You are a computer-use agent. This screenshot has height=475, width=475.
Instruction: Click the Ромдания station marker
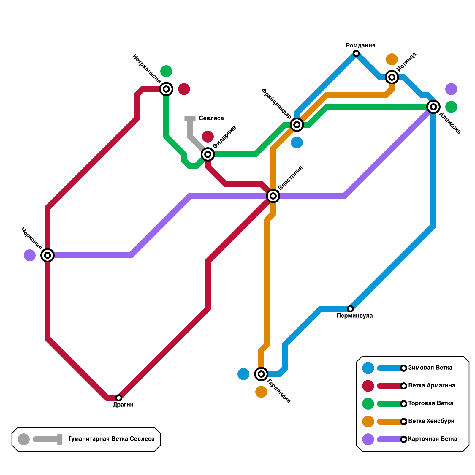(x=356, y=53)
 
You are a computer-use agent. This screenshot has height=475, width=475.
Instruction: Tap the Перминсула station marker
(x=350, y=309)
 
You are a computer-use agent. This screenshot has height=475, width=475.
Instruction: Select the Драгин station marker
(x=119, y=398)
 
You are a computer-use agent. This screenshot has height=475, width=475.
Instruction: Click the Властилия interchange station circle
(x=273, y=196)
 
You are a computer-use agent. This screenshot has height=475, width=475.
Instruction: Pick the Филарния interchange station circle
(x=208, y=154)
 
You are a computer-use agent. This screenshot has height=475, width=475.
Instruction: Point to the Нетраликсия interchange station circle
(x=166, y=89)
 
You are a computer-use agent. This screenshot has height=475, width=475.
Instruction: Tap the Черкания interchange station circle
(x=47, y=255)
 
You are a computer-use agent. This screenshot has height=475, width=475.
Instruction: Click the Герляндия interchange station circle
(x=261, y=374)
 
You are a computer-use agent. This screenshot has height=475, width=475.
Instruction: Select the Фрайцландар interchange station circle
(x=297, y=125)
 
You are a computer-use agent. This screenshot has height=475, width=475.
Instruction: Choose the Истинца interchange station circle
(x=392, y=77)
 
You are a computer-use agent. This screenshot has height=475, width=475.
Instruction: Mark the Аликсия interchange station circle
(x=433, y=107)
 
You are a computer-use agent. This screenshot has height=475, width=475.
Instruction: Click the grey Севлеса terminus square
(x=190, y=119)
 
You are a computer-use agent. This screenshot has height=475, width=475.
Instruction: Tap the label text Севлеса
(x=211, y=118)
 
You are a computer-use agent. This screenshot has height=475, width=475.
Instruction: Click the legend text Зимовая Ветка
(x=430, y=368)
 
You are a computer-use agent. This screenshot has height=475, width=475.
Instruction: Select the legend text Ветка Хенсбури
(x=431, y=421)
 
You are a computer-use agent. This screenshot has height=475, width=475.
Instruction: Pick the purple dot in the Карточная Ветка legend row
(x=368, y=439)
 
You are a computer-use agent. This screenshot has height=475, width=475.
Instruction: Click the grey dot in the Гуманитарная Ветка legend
(x=24, y=439)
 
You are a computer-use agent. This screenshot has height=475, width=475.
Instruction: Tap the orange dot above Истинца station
(x=392, y=59)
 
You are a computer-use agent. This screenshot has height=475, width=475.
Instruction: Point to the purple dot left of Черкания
(x=30, y=255)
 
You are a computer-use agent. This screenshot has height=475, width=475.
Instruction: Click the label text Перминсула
(x=354, y=316)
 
